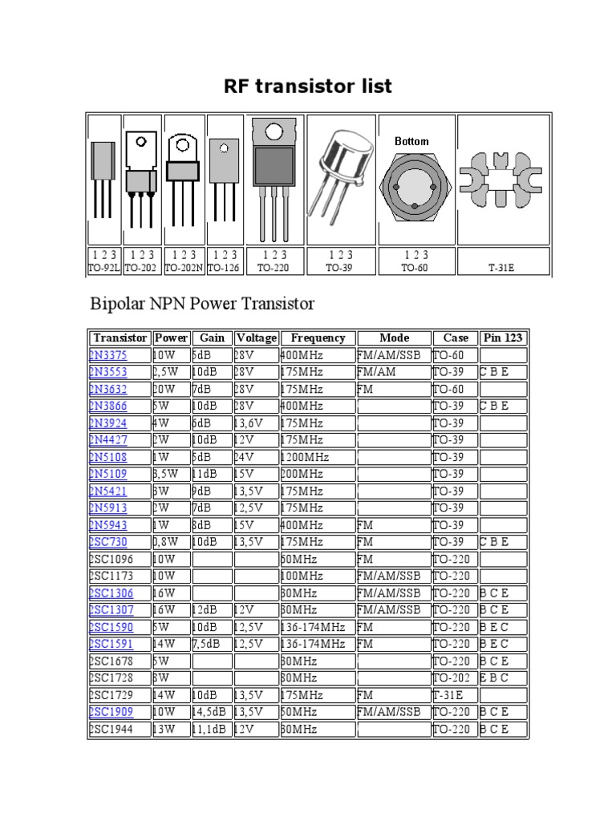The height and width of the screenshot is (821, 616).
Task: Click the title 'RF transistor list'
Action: [x=308, y=87]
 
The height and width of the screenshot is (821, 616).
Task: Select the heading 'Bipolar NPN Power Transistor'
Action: [x=201, y=304]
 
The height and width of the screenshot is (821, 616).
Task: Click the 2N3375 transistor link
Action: [x=108, y=355]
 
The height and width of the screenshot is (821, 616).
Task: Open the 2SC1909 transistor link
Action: [x=111, y=712]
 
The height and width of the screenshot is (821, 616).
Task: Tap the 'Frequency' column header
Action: [x=318, y=338]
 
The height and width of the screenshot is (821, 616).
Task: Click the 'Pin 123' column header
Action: [x=503, y=338]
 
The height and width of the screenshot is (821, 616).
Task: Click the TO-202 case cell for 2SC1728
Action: [x=452, y=678]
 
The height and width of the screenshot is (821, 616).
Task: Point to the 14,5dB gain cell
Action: [x=210, y=712]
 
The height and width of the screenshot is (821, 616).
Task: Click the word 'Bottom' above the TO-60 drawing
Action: [x=411, y=141]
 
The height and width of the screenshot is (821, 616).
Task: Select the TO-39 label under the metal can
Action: [x=339, y=269]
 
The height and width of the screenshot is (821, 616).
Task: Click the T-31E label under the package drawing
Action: [x=501, y=269]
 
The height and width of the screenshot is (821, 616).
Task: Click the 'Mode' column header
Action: [x=394, y=338]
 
